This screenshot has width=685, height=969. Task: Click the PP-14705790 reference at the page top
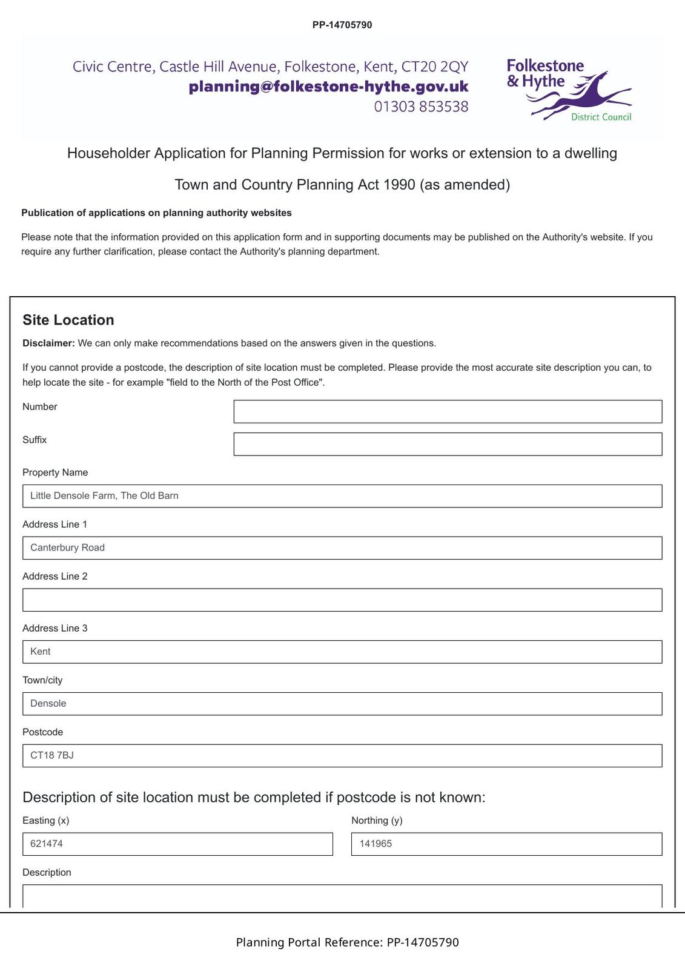(x=342, y=25)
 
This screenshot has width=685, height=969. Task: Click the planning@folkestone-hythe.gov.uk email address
(x=328, y=87)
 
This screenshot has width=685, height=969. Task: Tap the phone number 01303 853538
(x=421, y=107)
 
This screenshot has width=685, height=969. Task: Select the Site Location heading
(x=68, y=320)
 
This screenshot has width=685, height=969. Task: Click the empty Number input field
(x=448, y=411)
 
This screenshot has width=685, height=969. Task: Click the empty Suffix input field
(x=448, y=444)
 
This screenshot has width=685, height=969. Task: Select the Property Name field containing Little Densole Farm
(x=342, y=496)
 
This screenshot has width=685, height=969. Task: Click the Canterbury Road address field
(x=342, y=547)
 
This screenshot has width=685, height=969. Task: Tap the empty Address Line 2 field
(x=342, y=600)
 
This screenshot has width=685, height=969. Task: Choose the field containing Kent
(x=342, y=652)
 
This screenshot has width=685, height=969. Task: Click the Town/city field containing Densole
(x=342, y=704)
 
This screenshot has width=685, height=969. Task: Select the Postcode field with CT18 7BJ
(x=342, y=755)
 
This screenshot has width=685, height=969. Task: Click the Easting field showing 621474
(x=177, y=844)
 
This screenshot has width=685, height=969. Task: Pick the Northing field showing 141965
(x=506, y=844)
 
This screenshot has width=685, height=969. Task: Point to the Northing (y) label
(x=377, y=820)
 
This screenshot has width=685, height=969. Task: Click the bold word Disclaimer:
(x=48, y=343)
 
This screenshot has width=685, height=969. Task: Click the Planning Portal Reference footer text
(x=347, y=942)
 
